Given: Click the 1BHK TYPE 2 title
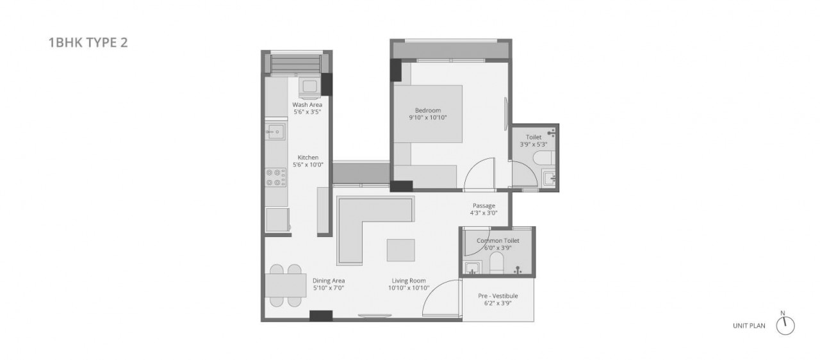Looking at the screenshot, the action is pyautogui.click(x=88, y=42).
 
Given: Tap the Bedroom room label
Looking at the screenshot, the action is pyautogui.click(x=427, y=110).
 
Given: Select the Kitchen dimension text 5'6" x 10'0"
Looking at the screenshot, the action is pyautogui.click(x=308, y=165).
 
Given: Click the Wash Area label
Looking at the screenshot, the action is pyautogui.click(x=307, y=104).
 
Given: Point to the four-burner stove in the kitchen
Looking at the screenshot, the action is pyautogui.click(x=275, y=177).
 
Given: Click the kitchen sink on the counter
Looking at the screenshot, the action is pyautogui.click(x=275, y=131).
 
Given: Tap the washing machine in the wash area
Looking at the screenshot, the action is pyautogui.click(x=309, y=88).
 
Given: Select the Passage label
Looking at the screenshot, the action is pyautogui.click(x=484, y=206).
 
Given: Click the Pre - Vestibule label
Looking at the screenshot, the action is pyautogui.click(x=498, y=295).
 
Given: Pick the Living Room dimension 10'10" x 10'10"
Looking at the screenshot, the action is pyautogui.click(x=409, y=288).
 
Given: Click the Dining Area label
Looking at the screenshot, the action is pyautogui.click(x=329, y=281).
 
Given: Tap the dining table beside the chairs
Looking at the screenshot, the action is pyautogui.click(x=286, y=285).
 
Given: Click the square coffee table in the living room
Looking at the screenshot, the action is pyautogui.click(x=401, y=250).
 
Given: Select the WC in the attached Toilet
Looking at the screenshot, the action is pyautogui.click(x=545, y=158).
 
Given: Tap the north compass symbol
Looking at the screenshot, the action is pyautogui.click(x=785, y=325).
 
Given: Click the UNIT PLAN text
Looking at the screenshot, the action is pyautogui.click(x=749, y=325).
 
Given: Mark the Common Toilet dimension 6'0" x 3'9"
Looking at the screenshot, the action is pyautogui.click(x=498, y=248).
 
